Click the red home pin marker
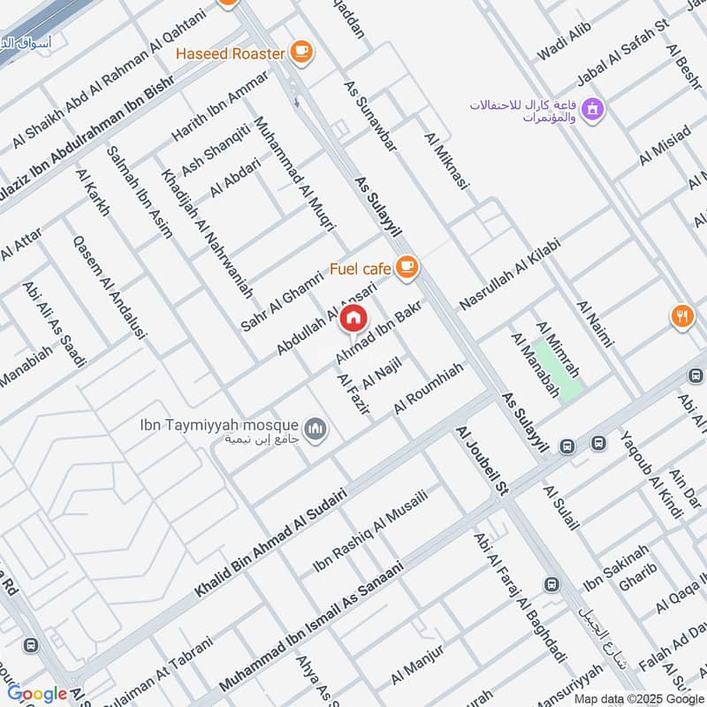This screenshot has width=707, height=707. pyautogui.click(x=353, y=318)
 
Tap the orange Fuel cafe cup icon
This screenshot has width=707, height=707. pyautogui.click(x=406, y=266)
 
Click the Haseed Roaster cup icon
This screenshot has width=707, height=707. pyautogui.click(x=301, y=52)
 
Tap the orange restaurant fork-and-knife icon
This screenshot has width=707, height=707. pyautogui.click(x=680, y=316)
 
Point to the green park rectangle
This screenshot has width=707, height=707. pyautogui.click(x=558, y=370)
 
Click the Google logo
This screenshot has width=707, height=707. pyautogui.click(x=37, y=694)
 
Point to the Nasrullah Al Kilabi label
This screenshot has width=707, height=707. pyautogui.click(x=510, y=273)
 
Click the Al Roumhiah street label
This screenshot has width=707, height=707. pyautogui.click(x=429, y=388)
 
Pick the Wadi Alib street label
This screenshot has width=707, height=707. pyautogui.click(x=563, y=44)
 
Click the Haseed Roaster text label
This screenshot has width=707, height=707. pyautogui.click(x=230, y=53)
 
